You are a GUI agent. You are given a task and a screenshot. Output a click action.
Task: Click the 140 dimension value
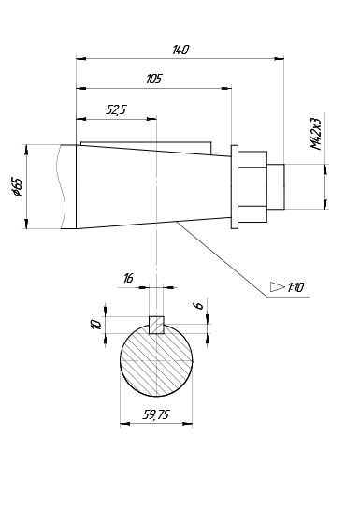click(x=180, y=50)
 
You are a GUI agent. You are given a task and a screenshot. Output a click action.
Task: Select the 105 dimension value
click(x=153, y=79)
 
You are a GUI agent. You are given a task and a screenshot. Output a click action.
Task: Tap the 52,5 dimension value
click(x=116, y=109)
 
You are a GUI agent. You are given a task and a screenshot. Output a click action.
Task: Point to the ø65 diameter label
click(x=17, y=187)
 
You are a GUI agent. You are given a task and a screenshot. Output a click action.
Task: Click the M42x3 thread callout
click(x=315, y=134)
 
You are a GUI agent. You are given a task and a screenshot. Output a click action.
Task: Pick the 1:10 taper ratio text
click(x=295, y=287)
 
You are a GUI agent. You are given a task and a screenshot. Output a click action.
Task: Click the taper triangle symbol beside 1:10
click(x=278, y=287)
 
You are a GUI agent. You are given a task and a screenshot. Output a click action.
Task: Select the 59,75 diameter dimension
click(x=155, y=414)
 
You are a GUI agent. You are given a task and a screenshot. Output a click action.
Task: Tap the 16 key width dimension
click(x=128, y=278)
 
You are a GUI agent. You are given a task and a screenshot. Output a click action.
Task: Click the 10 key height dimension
click(x=96, y=325)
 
